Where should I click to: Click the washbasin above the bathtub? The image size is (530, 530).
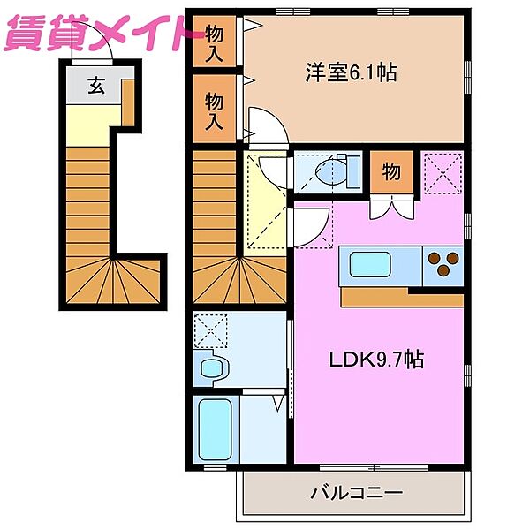(x=212, y=367)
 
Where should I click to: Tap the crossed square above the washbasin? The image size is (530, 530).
(x=210, y=334)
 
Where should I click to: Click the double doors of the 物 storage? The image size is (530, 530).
(x=390, y=208)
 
